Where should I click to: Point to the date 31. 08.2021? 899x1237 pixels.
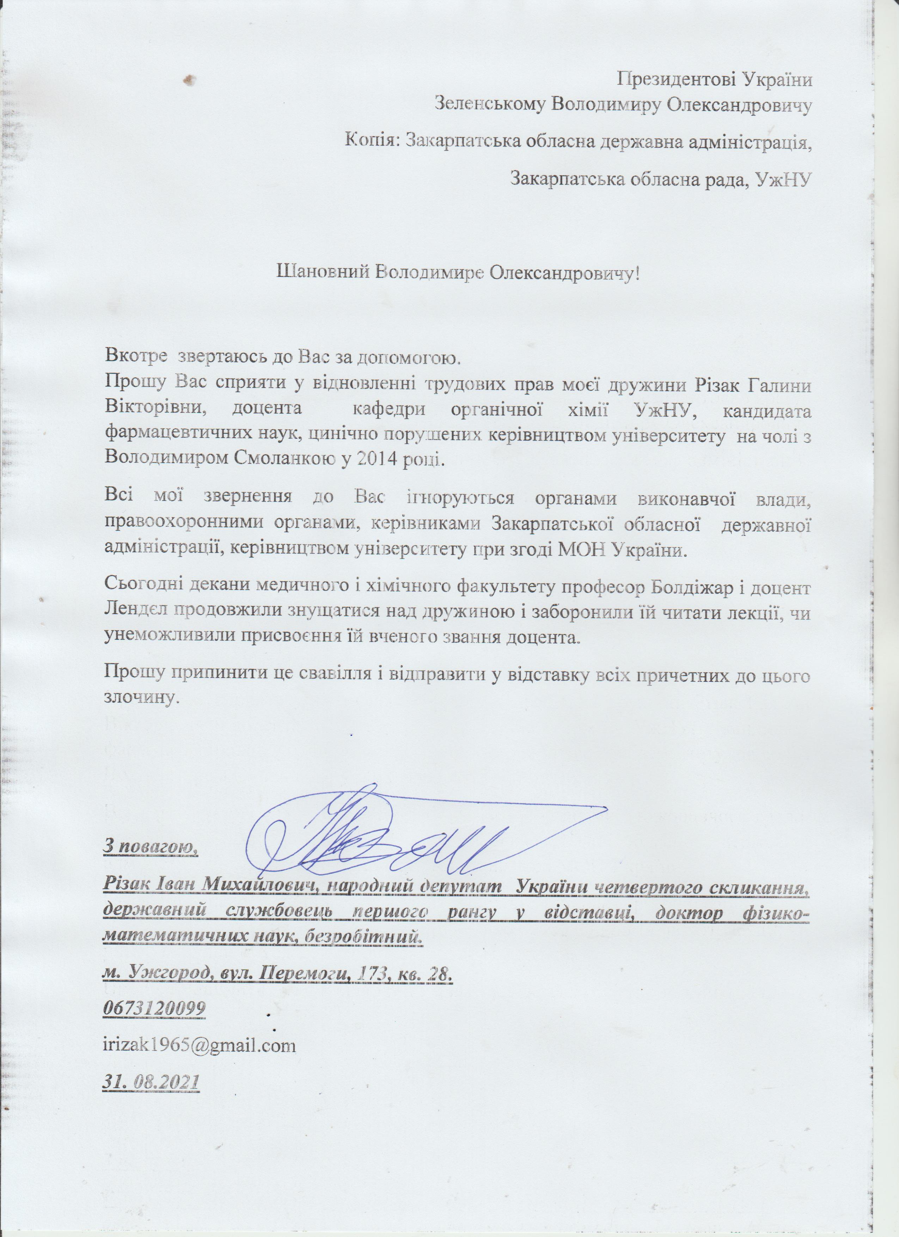[151, 1081]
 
